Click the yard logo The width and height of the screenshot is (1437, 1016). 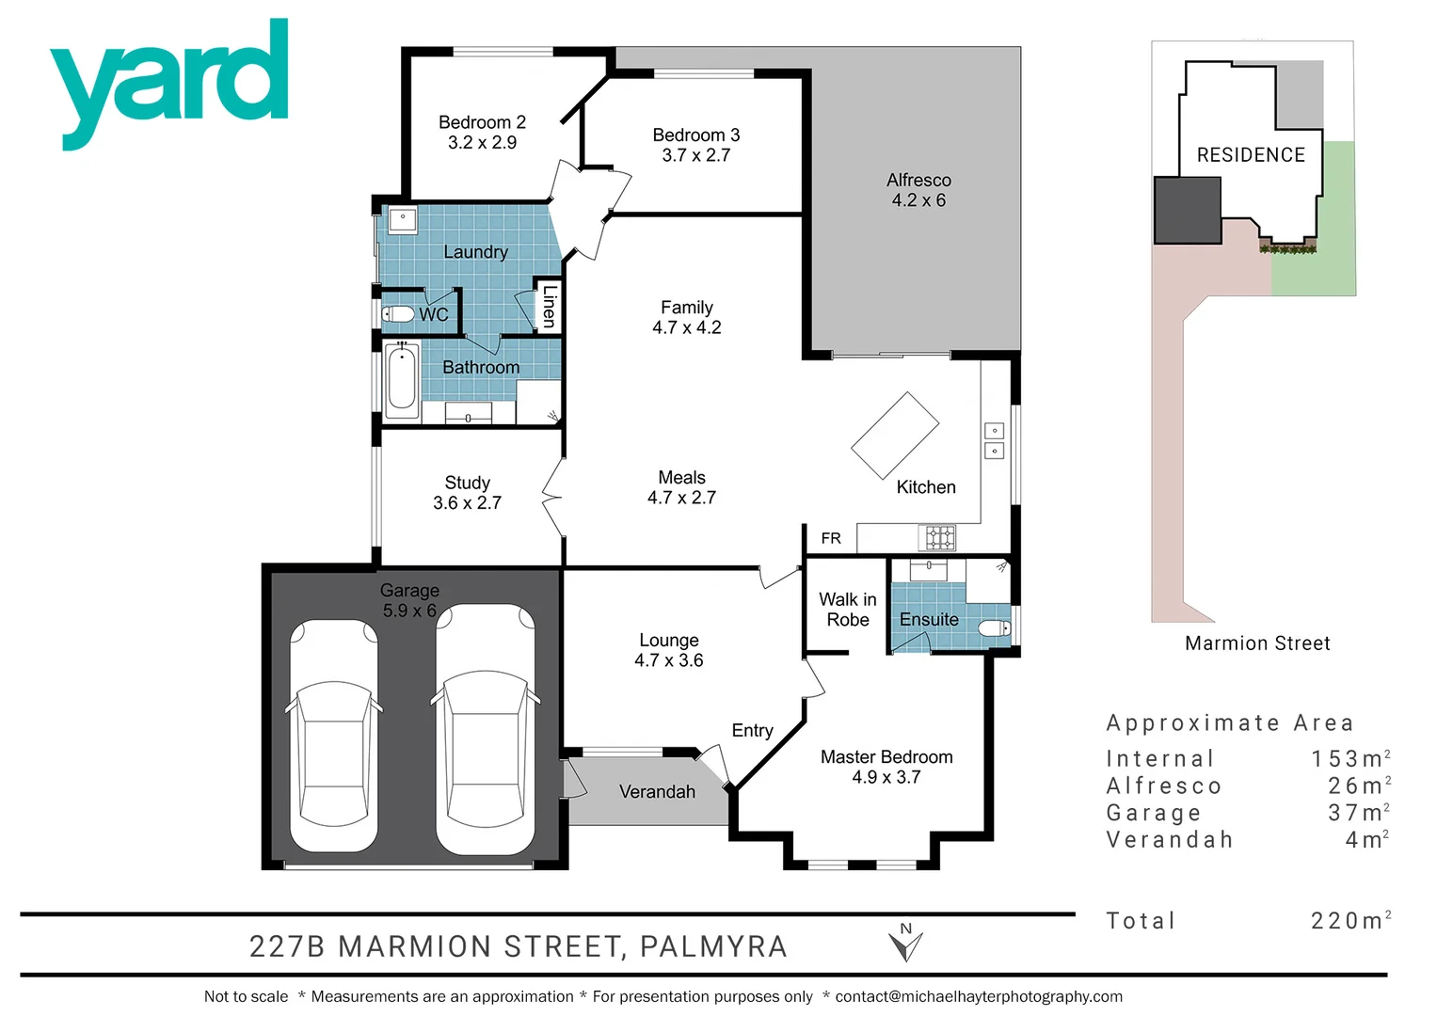[169, 80]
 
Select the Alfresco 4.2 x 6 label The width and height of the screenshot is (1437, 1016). [918, 190]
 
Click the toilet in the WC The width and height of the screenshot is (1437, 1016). [399, 313]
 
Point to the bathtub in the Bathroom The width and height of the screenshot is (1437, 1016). [402, 382]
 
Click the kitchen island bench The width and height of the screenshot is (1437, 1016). [895, 436]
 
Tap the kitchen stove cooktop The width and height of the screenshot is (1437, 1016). [938, 537]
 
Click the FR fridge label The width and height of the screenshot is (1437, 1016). [830, 538]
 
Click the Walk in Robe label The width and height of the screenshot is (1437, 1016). [847, 610]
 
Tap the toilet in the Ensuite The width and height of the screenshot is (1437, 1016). [994, 627]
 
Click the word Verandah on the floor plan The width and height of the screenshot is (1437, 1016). [657, 792]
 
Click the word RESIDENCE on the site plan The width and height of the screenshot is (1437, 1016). [1251, 155]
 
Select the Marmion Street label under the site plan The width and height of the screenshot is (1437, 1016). [1257, 643]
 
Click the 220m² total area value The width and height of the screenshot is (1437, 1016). [1349, 920]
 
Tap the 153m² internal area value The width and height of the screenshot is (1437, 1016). [1349, 758]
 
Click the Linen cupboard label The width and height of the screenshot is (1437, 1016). [550, 306]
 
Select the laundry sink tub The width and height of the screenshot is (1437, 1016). [403, 220]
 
